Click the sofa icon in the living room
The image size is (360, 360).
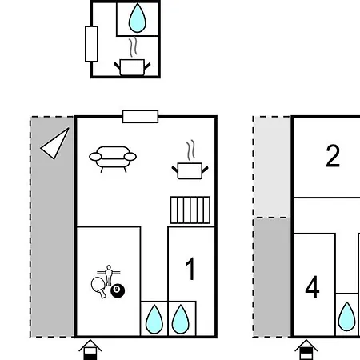[x=113, y=159]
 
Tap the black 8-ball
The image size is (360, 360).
[x=118, y=290]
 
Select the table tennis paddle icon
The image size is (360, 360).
[x=98, y=286]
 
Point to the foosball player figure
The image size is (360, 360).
[x=109, y=275]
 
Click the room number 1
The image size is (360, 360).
[x=190, y=269]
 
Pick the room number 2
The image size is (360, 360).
[x=333, y=156]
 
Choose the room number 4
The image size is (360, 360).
[x=312, y=287]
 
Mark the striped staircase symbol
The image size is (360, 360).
[x=190, y=210]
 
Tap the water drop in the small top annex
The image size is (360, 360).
[x=138, y=18]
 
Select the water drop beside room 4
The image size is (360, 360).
[x=346, y=316]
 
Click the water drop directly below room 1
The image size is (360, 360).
[x=181, y=319]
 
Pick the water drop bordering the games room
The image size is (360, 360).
[x=154, y=319]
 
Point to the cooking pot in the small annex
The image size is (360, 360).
[x=132, y=67]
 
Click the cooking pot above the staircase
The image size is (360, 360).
[x=190, y=170]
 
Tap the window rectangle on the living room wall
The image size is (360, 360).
[x=140, y=117]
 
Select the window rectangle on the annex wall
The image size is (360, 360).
[x=91, y=44]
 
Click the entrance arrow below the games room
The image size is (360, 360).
[x=90, y=350]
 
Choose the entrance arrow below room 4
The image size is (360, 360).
[x=306, y=350]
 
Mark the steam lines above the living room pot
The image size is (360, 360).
[x=190, y=150]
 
